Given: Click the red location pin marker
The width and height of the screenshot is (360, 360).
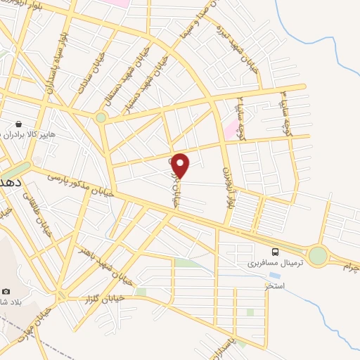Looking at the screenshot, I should point(181,165).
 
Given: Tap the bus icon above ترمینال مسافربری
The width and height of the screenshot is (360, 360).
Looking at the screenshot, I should point(276,251).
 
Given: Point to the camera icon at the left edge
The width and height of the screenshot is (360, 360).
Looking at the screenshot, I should point(6,290).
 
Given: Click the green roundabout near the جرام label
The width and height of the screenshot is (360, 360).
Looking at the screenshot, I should point(319,256).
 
